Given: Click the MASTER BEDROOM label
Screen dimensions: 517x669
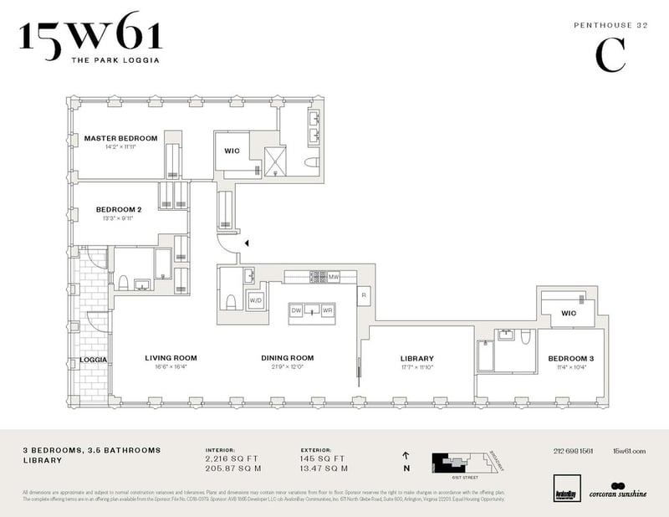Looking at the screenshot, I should tap(120, 138).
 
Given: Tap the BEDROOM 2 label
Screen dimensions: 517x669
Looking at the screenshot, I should tap(115, 209).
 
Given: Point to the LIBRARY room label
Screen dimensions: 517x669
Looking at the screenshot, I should tap(416, 359).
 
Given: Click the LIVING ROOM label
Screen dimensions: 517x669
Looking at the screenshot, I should tap(171, 358).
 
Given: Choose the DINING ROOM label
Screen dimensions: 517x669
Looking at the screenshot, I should tap(287, 358).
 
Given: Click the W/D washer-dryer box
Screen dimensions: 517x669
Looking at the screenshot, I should tap(255, 299).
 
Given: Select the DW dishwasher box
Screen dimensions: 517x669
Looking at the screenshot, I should tap(296, 310).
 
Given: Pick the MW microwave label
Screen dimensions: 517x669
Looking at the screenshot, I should tap(333, 276).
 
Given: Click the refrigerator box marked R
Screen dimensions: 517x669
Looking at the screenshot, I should tap(365, 295).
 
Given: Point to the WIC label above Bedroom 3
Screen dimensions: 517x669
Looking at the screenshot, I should tap(569, 314).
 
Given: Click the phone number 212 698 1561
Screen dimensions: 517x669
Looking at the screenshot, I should tap(574, 451).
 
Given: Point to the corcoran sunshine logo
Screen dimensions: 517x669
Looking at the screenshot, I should tap(617, 490).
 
